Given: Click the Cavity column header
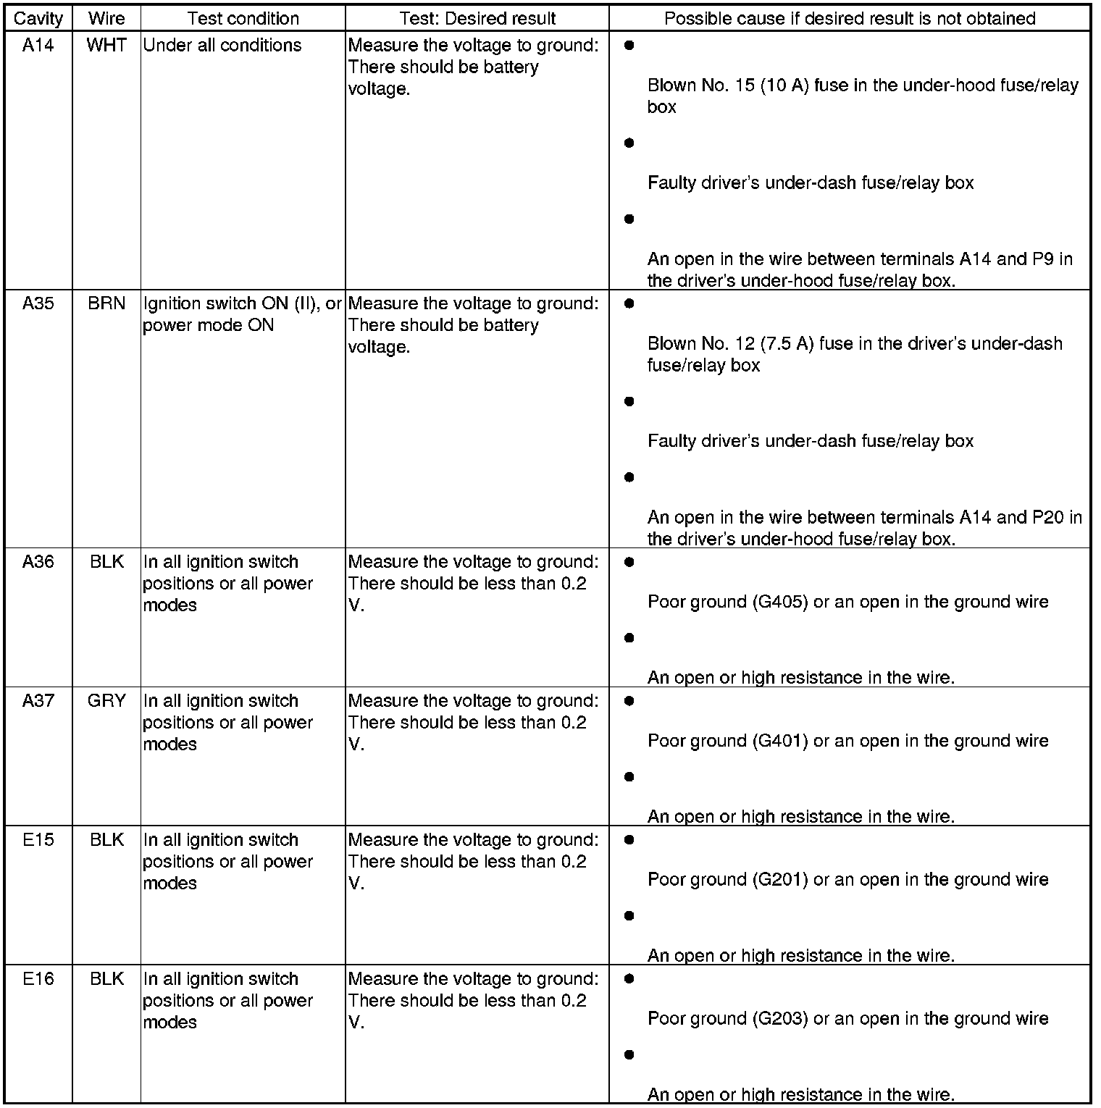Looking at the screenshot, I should [38, 19].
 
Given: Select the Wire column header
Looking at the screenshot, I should [106, 19].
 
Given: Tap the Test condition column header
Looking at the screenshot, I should [243, 19].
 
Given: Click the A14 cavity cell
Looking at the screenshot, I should [38, 46].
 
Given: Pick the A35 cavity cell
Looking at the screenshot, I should [38, 304].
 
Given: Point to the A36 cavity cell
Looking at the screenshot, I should [38, 562].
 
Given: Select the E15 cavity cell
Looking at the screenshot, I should [38, 840].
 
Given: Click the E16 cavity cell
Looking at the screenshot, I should [38, 979].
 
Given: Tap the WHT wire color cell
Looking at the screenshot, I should [106, 46].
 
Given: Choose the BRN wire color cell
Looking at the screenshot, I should [106, 304].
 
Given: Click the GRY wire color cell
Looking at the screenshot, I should [106, 701].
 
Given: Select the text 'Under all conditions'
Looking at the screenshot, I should [222, 46].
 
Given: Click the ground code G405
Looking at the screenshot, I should [780, 603].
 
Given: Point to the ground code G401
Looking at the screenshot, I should [780, 742].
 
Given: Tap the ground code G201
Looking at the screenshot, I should [780, 880].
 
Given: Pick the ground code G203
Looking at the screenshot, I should [780, 1019].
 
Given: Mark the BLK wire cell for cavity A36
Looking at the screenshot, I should [106, 562].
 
